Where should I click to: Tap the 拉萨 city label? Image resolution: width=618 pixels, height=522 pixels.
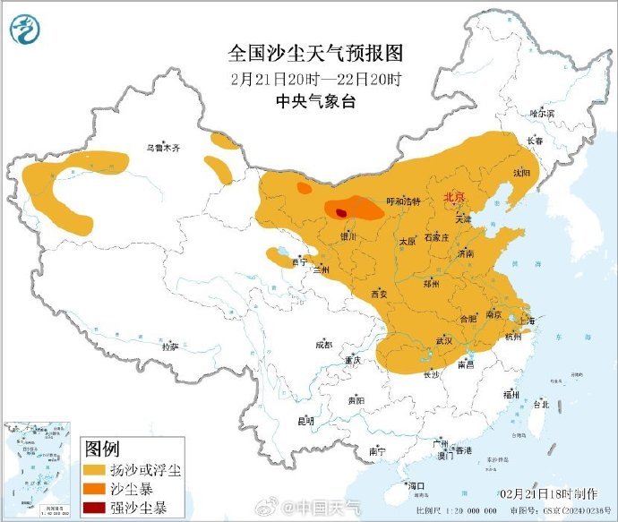[169, 345]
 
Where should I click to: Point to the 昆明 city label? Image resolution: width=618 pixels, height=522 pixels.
[305, 420]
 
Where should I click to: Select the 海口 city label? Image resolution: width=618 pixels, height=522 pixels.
[416, 486]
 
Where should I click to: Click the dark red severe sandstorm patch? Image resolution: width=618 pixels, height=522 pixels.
[341, 212]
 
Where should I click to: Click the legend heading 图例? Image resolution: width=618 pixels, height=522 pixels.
[101, 448]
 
